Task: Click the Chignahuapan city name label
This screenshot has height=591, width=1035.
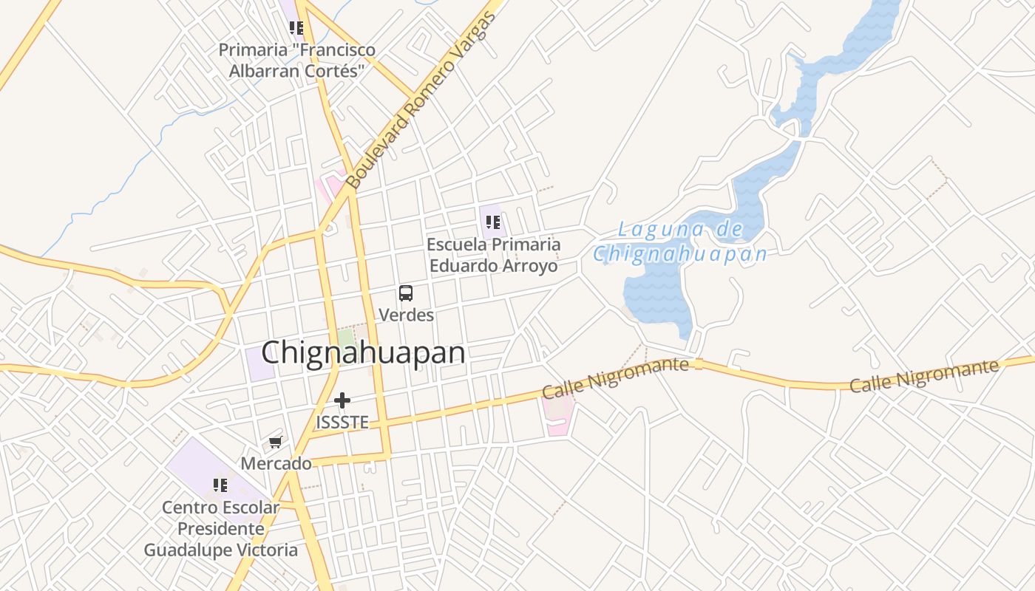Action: (363, 353)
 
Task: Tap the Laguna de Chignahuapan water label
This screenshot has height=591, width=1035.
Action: (680, 242)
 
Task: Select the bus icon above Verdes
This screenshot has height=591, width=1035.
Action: (406, 293)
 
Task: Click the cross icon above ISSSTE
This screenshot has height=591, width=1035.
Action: (342, 400)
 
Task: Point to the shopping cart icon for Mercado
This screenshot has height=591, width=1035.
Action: (276, 442)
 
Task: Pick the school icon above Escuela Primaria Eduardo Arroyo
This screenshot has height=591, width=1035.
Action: (493, 222)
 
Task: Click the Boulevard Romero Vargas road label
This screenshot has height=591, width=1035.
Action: (420, 100)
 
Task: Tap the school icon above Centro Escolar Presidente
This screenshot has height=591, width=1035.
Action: (220, 485)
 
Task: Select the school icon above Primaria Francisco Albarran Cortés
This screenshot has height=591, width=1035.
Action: (296, 28)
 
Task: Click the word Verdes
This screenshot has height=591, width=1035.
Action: (406, 315)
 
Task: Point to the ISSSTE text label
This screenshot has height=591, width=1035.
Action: (342, 423)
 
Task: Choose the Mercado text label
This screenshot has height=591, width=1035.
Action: (276, 464)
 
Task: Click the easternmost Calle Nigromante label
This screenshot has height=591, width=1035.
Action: (923, 376)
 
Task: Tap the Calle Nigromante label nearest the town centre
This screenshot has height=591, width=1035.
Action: (615, 378)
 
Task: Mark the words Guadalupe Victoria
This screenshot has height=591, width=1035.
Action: (220, 550)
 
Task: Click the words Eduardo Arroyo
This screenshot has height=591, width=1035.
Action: (493, 266)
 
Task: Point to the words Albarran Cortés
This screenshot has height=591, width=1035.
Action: (296, 71)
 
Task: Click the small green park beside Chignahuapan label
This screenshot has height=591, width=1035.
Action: (346, 338)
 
